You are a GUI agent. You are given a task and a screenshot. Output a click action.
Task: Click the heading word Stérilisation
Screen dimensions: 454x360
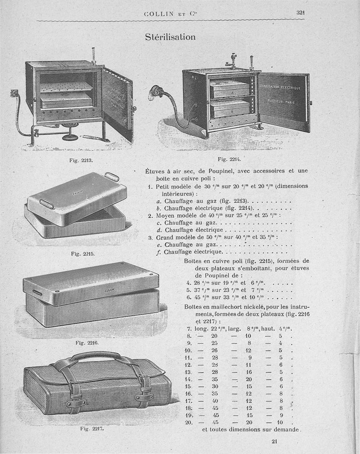(x=170, y=37)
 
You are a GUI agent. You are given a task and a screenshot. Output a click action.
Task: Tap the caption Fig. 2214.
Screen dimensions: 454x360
(x=229, y=159)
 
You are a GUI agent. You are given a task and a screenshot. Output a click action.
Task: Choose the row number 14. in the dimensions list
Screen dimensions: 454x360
(x=189, y=379)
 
